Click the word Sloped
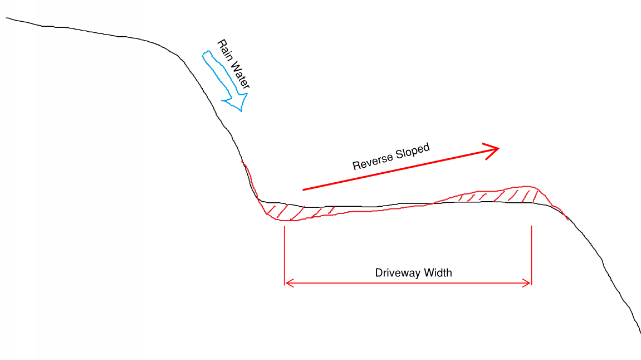413,151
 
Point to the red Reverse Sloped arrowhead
493,149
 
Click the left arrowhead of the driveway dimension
287,284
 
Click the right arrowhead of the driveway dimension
529,284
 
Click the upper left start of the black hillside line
7,18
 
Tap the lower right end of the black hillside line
640,333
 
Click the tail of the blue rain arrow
206,54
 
